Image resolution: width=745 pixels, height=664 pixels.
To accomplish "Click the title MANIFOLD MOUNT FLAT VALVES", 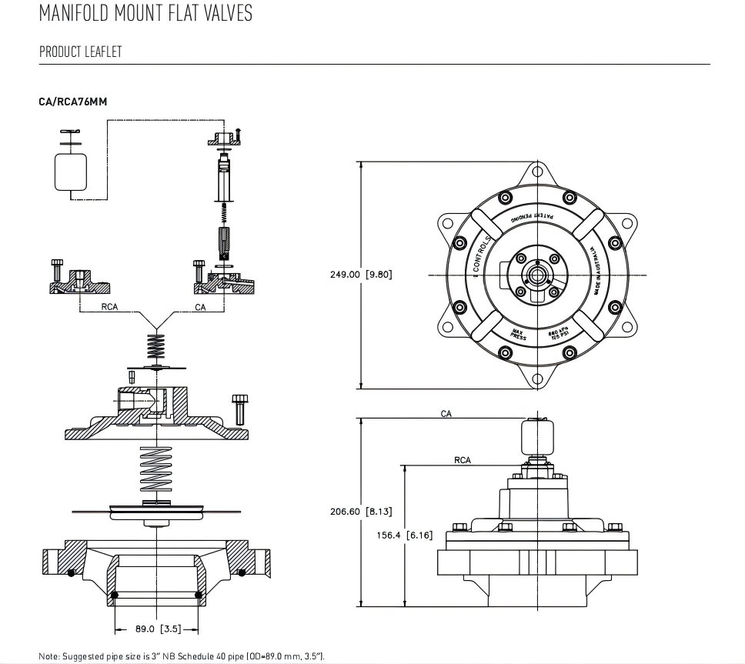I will (145, 15).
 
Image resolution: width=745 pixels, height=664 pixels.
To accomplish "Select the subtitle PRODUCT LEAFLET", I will (81, 52).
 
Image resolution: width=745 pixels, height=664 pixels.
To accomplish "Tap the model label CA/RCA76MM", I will (73, 101).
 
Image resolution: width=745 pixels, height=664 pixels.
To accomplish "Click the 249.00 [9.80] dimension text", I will (361, 274).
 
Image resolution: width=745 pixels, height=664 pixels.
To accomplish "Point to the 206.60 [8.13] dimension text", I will (360, 511).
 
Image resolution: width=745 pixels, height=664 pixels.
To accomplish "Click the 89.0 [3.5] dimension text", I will (157, 629).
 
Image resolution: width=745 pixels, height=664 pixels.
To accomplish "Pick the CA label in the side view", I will (446, 414).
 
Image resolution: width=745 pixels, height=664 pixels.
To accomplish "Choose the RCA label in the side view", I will (462, 460).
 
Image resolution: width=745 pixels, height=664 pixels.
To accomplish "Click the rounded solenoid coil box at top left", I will (71, 170).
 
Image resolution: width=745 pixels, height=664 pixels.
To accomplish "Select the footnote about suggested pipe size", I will (182, 656).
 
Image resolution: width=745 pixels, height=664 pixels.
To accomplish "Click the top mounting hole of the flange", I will (538, 175).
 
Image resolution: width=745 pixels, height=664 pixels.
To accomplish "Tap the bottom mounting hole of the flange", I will (538, 377).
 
